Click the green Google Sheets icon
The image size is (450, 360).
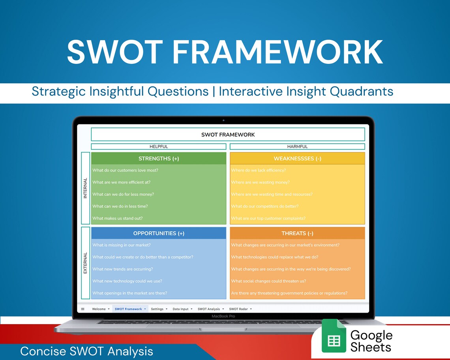click(334, 336)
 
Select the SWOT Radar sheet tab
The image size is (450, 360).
click(239, 309)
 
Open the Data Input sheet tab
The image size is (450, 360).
click(181, 309)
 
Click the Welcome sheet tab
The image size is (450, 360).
click(99, 309)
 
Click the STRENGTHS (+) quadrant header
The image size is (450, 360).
click(159, 159)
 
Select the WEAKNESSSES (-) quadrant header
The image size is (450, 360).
click(297, 159)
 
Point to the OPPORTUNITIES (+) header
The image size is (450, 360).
click(159, 233)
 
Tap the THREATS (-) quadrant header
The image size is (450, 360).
click(297, 233)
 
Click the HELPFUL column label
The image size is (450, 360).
click(159, 146)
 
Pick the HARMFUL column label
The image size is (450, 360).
click(297, 146)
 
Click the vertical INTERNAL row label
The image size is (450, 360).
click(85, 188)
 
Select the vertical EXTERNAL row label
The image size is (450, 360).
click(85, 263)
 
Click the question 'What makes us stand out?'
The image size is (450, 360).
click(118, 218)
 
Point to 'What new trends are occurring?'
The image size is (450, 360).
click(123, 269)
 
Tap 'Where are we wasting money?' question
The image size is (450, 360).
click(261, 182)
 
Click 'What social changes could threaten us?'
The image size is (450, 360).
click(269, 281)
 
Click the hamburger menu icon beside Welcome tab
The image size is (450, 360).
click(83, 309)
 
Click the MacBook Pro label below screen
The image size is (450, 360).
click(223, 316)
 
